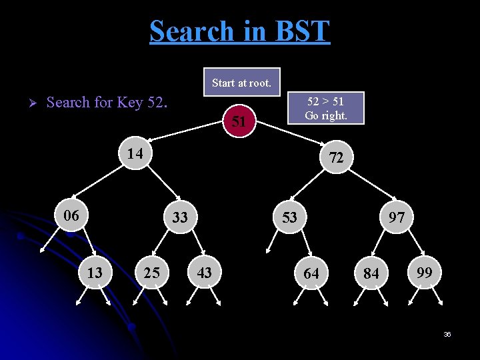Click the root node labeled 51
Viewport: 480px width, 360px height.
pyautogui.click(x=240, y=121)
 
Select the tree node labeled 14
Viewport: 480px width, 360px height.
pyautogui.click(x=135, y=153)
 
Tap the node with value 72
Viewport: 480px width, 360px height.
pyautogui.click(x=336, y=157)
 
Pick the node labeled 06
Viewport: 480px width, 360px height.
pyautogui.click(x=71, y=215)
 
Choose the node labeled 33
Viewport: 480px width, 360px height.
pyautogui.click(x=180, y=217)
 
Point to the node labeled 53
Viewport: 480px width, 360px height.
pyautogui.click(x=289, y=217)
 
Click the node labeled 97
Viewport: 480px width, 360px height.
pyautogui.click(x=397, y=217)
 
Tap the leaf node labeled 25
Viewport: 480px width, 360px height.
pyautogui.click(x=151, y=272)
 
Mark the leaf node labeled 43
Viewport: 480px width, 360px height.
pyautogui.click(x=205, y=272)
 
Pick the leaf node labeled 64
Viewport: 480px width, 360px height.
pyautogui.click(x=311, y=273)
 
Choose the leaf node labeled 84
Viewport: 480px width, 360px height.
pyautogui.click(x=371, y=274)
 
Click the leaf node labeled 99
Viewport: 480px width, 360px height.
pyautogui.click(x=424, y=272)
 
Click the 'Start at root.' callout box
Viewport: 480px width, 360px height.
pyautogui.click(x=241, y=83)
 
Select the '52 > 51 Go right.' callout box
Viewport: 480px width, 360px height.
pyautogui.click(x=325, y=108)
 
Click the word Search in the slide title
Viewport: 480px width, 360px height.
pyautogui.click(x=192, y=31)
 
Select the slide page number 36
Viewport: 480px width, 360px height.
pyautogui.click(x=447, y=334)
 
